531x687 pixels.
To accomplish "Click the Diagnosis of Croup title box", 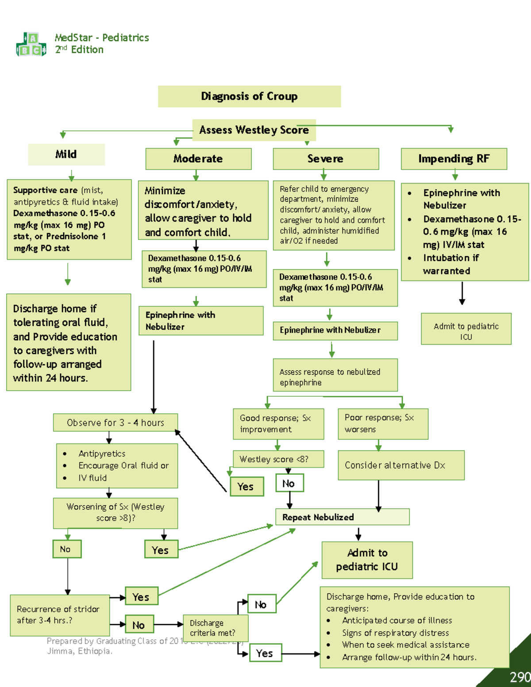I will point(249,96).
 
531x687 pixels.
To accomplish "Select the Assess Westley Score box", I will point(254,130).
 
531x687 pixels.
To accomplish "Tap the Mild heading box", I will point(66,154).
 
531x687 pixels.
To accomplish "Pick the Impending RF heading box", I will point(454,159).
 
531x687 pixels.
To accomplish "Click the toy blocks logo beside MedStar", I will point(31,45).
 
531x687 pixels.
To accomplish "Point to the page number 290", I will point(519,677).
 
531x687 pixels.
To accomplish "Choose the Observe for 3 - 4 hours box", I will point(115,422).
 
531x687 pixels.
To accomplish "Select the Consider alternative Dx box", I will point(401,465).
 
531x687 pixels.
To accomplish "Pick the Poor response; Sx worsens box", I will point(383,424).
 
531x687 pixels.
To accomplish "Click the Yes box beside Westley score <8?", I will point(246,487).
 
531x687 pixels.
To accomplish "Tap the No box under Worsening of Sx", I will point(67,549).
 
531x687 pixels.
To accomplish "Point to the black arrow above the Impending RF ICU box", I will point(462,293).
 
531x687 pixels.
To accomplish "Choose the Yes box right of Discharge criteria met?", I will point(265,653).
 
